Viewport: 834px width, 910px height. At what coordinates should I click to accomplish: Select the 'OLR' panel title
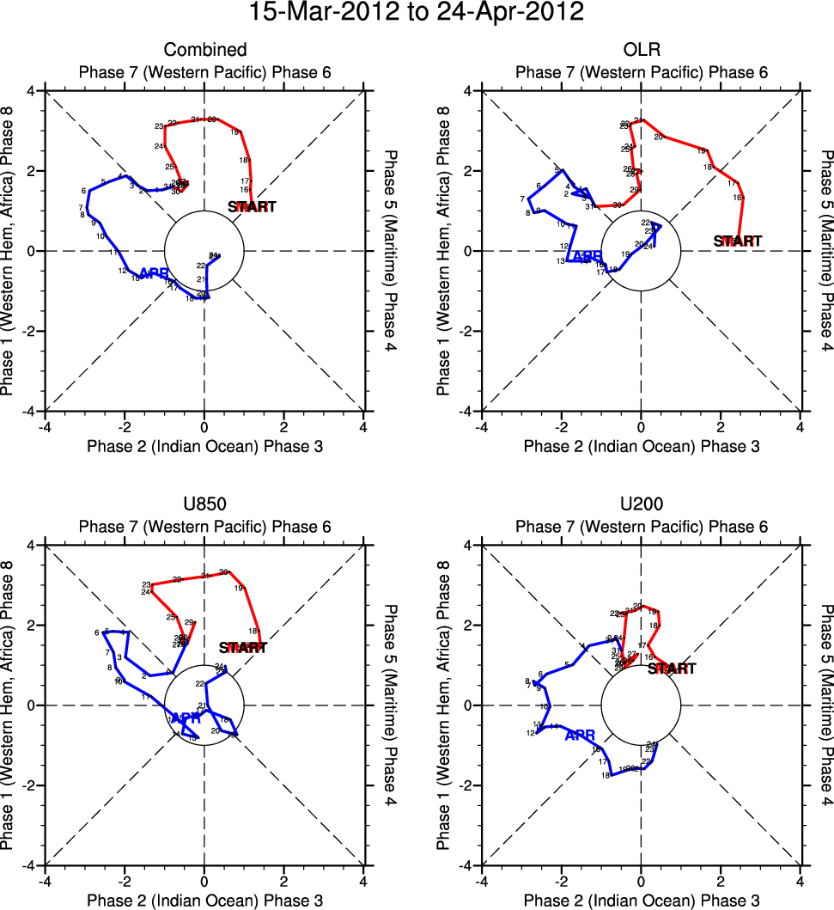coord(641,50)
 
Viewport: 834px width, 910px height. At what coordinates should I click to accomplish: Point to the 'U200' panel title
coord(641,504)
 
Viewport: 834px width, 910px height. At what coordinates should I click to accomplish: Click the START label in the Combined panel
coord(253,206)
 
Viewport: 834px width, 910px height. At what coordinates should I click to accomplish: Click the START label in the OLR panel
coord(737,241)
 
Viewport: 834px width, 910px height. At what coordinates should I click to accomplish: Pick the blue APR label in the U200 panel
coord(581,735)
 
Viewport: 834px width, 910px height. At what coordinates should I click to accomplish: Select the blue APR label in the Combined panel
coord(154,273)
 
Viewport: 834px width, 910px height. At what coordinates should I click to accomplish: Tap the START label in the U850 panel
coord(243,648)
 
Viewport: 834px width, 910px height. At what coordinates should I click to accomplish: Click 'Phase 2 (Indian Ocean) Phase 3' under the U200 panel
coord(641,900)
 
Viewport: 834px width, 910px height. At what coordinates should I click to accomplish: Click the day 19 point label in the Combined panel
coord(234,132)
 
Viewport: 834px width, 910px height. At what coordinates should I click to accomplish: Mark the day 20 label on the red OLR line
coord(659,137)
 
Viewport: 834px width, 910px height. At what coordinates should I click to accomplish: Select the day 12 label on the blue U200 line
coord(531,733)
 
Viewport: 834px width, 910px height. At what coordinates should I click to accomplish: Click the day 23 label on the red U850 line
coord(146,584)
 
